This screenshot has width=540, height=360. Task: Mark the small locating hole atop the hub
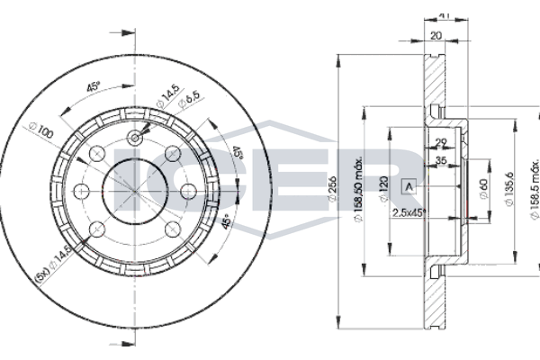[x=135, y=138]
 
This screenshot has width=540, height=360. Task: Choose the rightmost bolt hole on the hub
[x=189, y=190]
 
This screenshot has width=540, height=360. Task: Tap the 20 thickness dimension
[x=435, y=38]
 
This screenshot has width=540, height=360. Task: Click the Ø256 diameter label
[x=337, y=192]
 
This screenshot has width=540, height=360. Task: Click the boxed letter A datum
[x=409, y=187]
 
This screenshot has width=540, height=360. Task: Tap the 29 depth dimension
[x=441, y=143]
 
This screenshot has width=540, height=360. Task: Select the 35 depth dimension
[x=443, y=163]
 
